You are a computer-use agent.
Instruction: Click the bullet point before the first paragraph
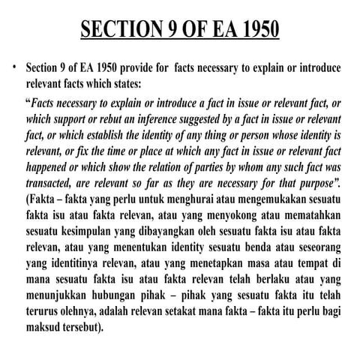point(14,67)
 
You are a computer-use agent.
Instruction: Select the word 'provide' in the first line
point(144,67)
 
